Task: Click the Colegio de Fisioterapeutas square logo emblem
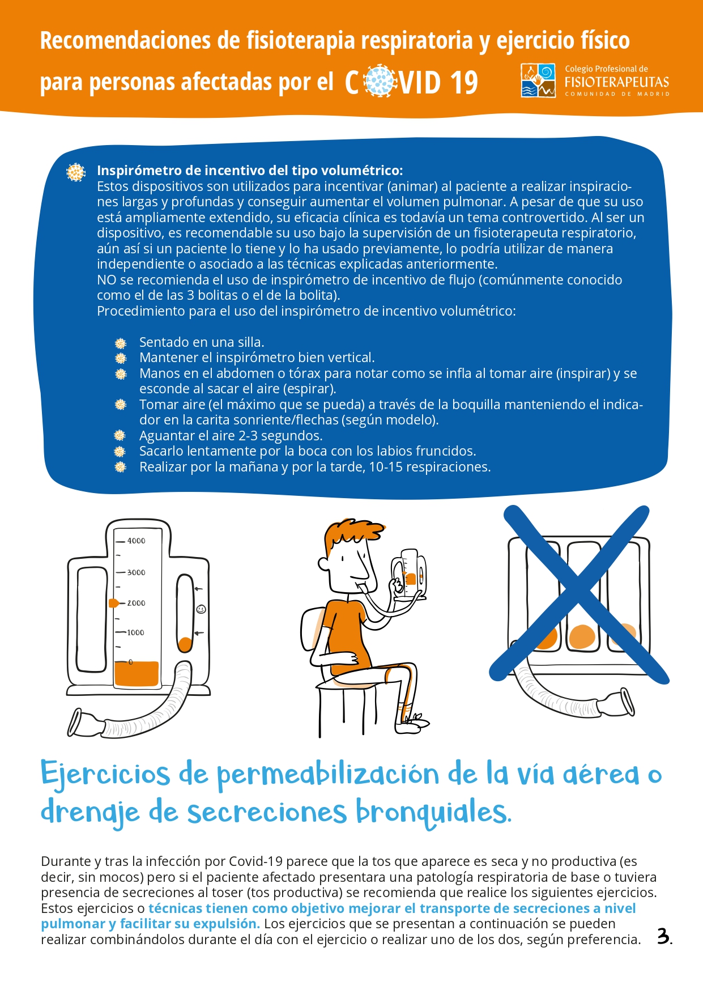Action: click(538, 80)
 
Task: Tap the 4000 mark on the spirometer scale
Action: click(136, 541)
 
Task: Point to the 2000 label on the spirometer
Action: click(136, 603)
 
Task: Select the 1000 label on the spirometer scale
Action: click(135, 632)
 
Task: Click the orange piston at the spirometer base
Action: click(137, 674)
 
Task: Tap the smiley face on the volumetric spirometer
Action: click(201, 609)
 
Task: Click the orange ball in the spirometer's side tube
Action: click(185, 644)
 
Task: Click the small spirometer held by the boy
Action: click(409, 574)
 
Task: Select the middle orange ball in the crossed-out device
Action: click(582, 636)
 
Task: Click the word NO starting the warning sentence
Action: click(106, 280)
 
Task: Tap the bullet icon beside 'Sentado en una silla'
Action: click(120, 343)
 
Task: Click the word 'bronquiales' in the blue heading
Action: click(433, 812)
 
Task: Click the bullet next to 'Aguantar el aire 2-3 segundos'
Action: click(120, 436)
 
